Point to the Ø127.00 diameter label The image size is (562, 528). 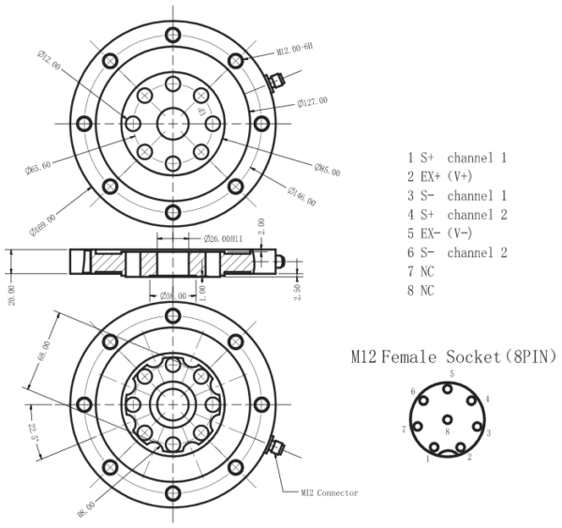point(313,102)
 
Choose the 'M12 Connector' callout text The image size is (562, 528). point(329,491)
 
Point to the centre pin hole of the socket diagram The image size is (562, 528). point(449,420)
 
